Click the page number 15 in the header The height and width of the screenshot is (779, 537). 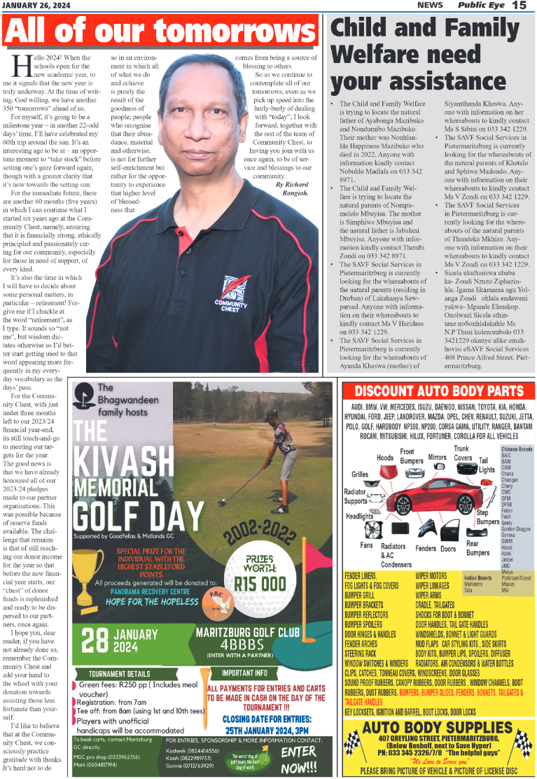tap(519, 6)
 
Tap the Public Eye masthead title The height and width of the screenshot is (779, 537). tap(481, 6)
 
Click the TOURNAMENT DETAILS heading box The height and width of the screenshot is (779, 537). tap(113, 674)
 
